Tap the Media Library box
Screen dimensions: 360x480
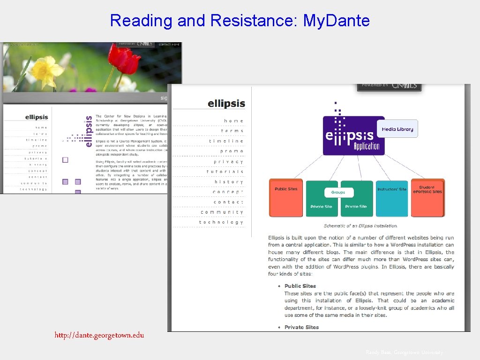(397, 129)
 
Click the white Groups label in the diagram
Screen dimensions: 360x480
(338, 192)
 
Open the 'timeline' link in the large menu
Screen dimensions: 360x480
(226, 141)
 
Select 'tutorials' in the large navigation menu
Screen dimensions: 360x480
(225, 172)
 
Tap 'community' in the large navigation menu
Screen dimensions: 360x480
(222, 212)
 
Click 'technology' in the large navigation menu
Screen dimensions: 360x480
(221, 222)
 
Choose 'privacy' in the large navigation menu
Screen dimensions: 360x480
(229, 162)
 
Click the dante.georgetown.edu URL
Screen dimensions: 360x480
(99, 335)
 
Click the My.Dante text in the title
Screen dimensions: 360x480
(337, 21)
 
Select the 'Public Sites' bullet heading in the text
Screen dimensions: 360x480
(300, 286)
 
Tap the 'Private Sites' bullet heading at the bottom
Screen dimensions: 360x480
(301, 327)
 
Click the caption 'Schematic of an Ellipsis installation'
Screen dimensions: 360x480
(360, 226)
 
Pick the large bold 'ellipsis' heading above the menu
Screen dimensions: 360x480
(226, 103)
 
